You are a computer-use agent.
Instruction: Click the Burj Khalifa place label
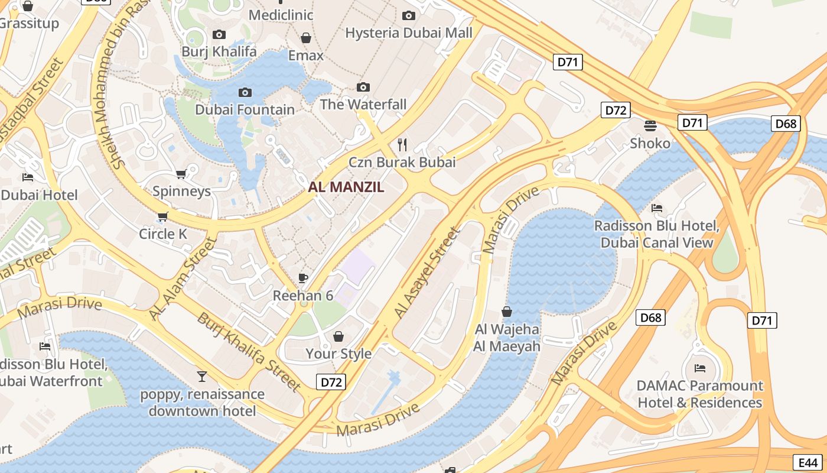[219, 51]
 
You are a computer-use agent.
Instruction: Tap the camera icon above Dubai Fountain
[245, 92]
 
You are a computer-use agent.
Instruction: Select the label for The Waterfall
[363, 105]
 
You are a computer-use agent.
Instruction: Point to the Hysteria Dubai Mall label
[409, 33]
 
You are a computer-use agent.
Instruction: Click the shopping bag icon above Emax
[306, 38]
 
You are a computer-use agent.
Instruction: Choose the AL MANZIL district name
[346, 187]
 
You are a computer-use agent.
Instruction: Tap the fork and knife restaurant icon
[402, 144]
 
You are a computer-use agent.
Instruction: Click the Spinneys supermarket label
[181, 191]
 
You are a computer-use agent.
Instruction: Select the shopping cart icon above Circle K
[163, 217]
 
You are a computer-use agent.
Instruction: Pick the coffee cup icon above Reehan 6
[303, 278]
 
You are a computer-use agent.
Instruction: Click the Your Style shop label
[338, 354]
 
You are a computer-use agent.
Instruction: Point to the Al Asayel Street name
[426, 273]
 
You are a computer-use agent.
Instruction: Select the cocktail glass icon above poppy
[202, 376]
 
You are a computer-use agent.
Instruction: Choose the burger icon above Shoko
[650, 125]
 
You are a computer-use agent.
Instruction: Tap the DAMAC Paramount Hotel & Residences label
[699, 394]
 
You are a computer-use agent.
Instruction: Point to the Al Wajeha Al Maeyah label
[507, 338]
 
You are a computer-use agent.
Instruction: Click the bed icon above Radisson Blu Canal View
[656, 208]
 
